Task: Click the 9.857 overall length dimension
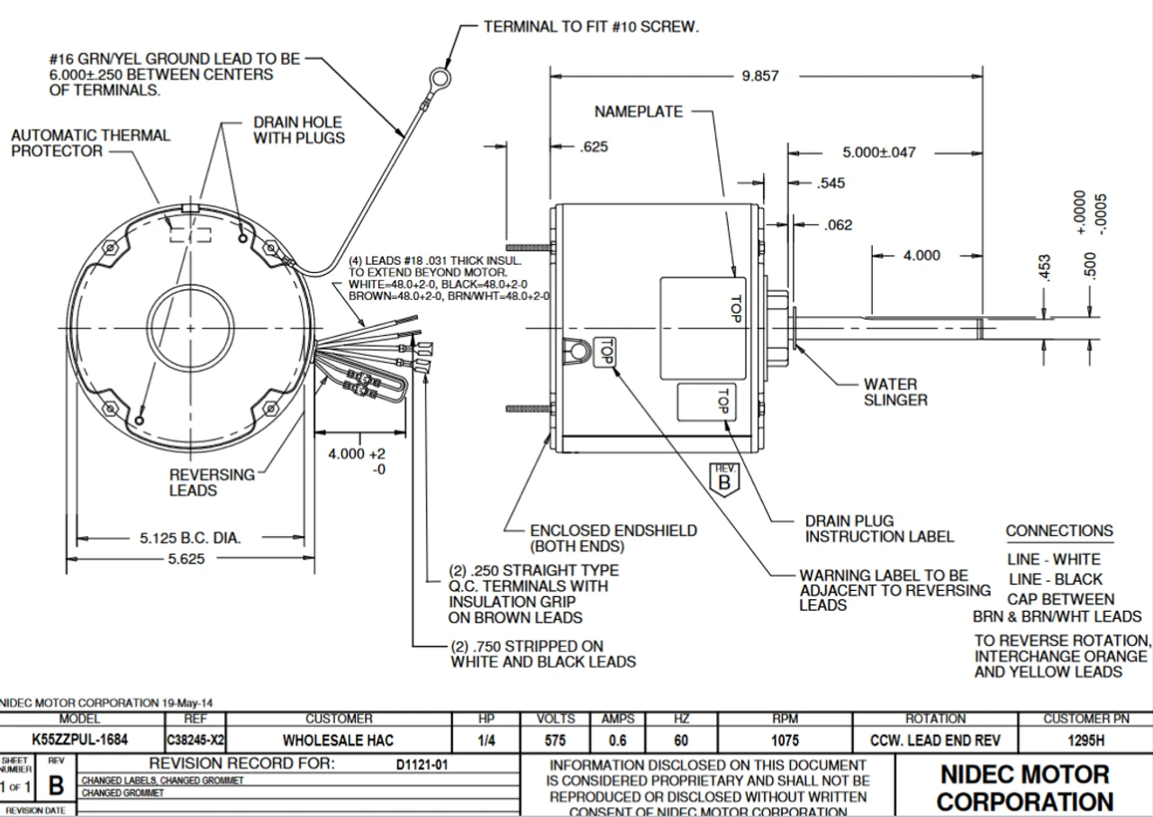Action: [x=760, y=77]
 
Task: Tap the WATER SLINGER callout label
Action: [x=895, y=392]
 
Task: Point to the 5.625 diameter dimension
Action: [x=185, y=558]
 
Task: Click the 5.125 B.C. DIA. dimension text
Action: [x=190, y=539]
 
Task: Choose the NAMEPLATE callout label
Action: [x=639, y=112]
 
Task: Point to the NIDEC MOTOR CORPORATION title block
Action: [x=1024, y=787]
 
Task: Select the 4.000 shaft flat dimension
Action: [x=921, y=256]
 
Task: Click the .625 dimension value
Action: [x=593, y=147]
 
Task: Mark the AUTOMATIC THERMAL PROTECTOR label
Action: [x=89, y=143]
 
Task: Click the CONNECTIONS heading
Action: [x=1059, y=531]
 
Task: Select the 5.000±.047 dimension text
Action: [x=879, y=152]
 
